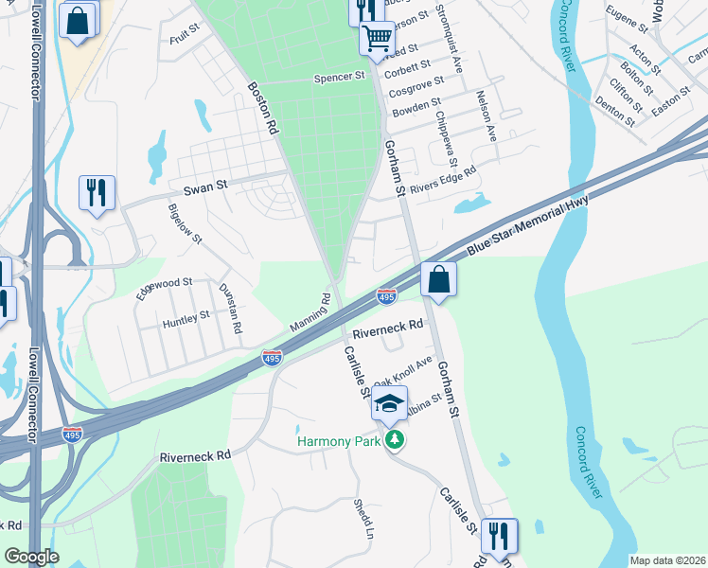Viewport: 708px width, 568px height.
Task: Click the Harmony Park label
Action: point(338,441)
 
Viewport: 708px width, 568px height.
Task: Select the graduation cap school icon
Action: point(389,404)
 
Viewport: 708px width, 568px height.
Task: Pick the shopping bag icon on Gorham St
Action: point(439,280)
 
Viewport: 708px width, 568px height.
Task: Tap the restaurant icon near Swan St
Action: point(97,192)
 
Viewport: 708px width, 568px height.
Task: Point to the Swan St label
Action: point(201,187)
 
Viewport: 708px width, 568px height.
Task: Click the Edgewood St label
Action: point(163,288)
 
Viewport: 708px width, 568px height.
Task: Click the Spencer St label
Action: point(339,76)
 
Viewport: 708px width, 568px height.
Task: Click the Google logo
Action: point(31,557)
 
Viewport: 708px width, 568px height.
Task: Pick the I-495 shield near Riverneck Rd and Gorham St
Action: point(386,297)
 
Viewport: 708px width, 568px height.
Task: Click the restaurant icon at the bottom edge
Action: point(497,536)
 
